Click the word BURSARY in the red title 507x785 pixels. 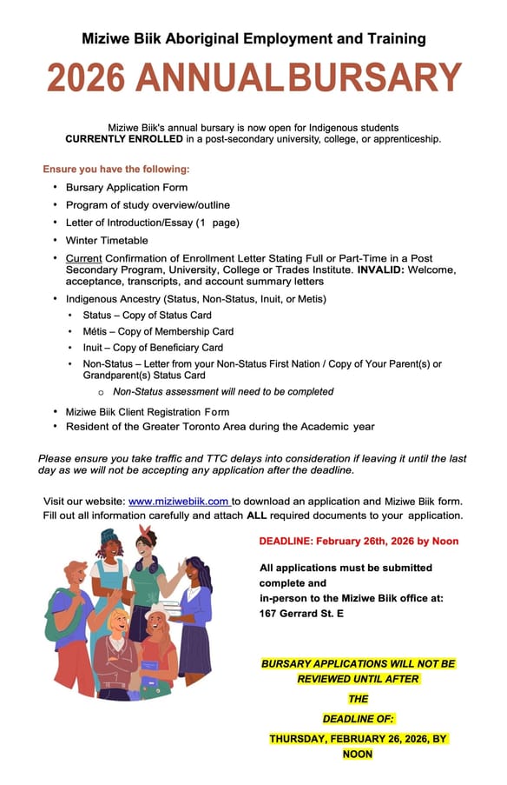(375, 78)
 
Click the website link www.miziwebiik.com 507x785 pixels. (178, 501)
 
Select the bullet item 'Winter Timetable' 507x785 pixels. (107, 240)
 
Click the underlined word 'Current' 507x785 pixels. (83, 259)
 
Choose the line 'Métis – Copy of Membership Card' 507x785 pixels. (158, 331)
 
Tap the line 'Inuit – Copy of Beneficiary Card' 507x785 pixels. (153, 348)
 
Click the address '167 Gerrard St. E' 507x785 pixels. (301, 613)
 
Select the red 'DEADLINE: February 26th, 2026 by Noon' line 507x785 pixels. (359, 541)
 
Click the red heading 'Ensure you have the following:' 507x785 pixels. (116, 169)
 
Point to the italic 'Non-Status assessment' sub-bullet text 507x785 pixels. (223, 391)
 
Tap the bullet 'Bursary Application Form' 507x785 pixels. (127, 187)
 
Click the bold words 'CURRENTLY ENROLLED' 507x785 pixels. (124, 139)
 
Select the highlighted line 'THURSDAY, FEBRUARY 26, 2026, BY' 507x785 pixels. (358, 738)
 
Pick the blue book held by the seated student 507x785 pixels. (148, 669)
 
